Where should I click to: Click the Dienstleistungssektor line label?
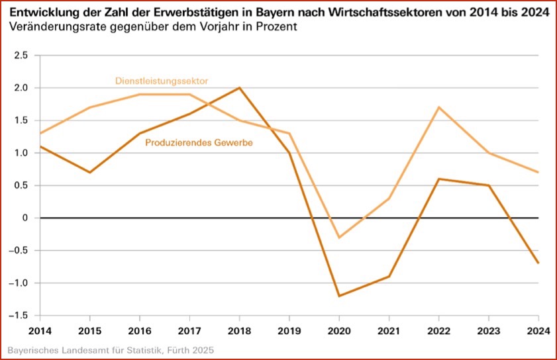162,81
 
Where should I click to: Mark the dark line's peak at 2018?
239,88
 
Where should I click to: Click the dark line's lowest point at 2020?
338,296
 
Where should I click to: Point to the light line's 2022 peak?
438,107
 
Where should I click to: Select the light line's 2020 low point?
338,237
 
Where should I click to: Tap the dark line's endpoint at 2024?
538,263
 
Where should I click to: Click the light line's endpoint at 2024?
538,172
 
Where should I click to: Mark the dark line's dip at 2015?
89,172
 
